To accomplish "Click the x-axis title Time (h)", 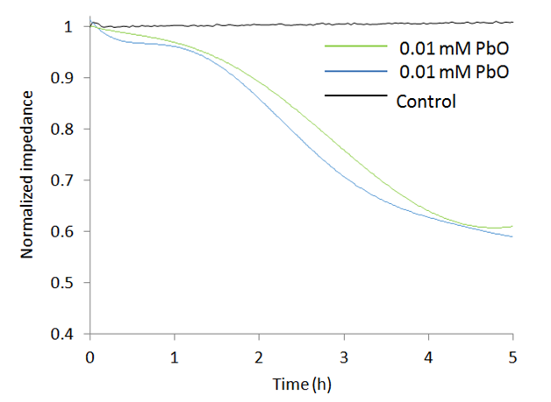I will [301, 383].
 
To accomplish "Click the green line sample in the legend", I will [355, 46].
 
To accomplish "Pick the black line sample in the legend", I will [355, 94].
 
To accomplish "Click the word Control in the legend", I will [426, 101].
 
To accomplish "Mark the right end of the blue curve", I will [513, 236].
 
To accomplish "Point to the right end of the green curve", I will [513, 226].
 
